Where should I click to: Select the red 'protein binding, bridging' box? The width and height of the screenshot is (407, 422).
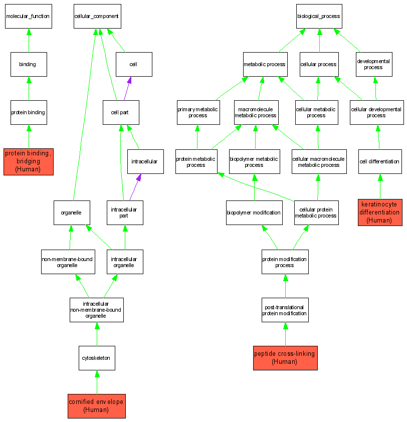tap(28, 161)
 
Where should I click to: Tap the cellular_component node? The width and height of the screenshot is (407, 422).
tap(97, 17)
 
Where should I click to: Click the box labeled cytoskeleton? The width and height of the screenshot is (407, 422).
tap(97, 358)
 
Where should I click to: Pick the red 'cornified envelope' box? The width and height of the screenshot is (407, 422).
tap(97, 405)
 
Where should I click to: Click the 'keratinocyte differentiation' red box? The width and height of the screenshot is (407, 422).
tap(380, 212)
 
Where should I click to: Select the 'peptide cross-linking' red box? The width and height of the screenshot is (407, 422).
tap(285, 357)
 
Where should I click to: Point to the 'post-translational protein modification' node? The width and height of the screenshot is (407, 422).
tap(285, 310)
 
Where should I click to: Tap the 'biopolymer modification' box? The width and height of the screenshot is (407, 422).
tap(254, 213)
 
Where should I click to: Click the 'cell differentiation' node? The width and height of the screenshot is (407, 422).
tap(379, 161)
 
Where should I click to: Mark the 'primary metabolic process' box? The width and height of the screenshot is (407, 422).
tap(198, 112)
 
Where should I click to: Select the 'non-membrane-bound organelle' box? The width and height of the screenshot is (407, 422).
tap(68, 262)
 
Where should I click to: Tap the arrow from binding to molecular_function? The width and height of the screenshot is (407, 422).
tap(29, 40)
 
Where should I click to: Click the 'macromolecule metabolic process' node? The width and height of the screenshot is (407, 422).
tap(256, 112)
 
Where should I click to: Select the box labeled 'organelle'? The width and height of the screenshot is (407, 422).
tap(72, 213)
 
